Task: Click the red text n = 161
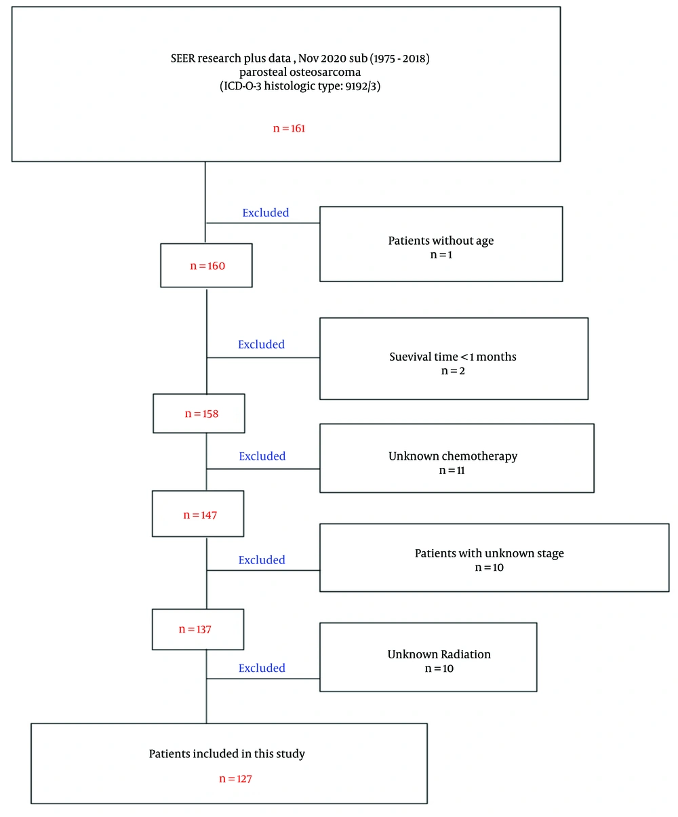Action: click(x=289, y=127)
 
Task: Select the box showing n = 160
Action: click(x=207, y=266)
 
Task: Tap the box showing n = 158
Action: click(x=199, y=413)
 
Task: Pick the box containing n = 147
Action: click(x=199, y=515)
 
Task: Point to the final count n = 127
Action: click(x=235, y=779)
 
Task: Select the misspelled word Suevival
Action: click(x=410, y=357)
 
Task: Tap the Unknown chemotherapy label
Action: click(x=453, y=456)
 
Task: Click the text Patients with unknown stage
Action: click(x=489, y=553)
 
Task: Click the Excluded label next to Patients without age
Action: click(x=266, y=212)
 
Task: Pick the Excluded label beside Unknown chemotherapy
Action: click(x=262, y=456)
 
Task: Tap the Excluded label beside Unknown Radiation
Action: click(x=262, y=668)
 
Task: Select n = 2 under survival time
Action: click(x=453, y=371)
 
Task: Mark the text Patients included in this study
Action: click(x=227, y=754)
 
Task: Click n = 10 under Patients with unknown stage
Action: click(x=489, y=567)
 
